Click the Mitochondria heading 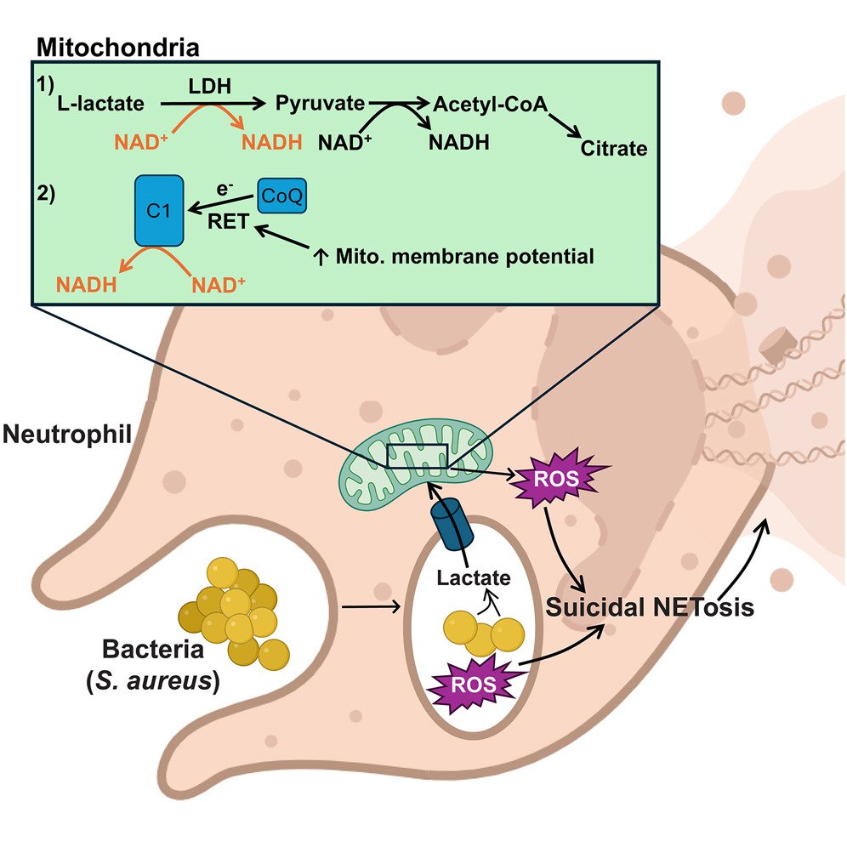click(x=117, y=47)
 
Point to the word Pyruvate click(x=320, y=104)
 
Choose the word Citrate click(x=614, y=150)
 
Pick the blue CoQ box click(x=281, y=196)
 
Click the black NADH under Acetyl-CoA click(x=458, y=142)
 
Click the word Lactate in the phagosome click(x=475, y=579)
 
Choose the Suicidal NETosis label click(x=651, y=609)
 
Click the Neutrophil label click(x=66, y=435)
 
